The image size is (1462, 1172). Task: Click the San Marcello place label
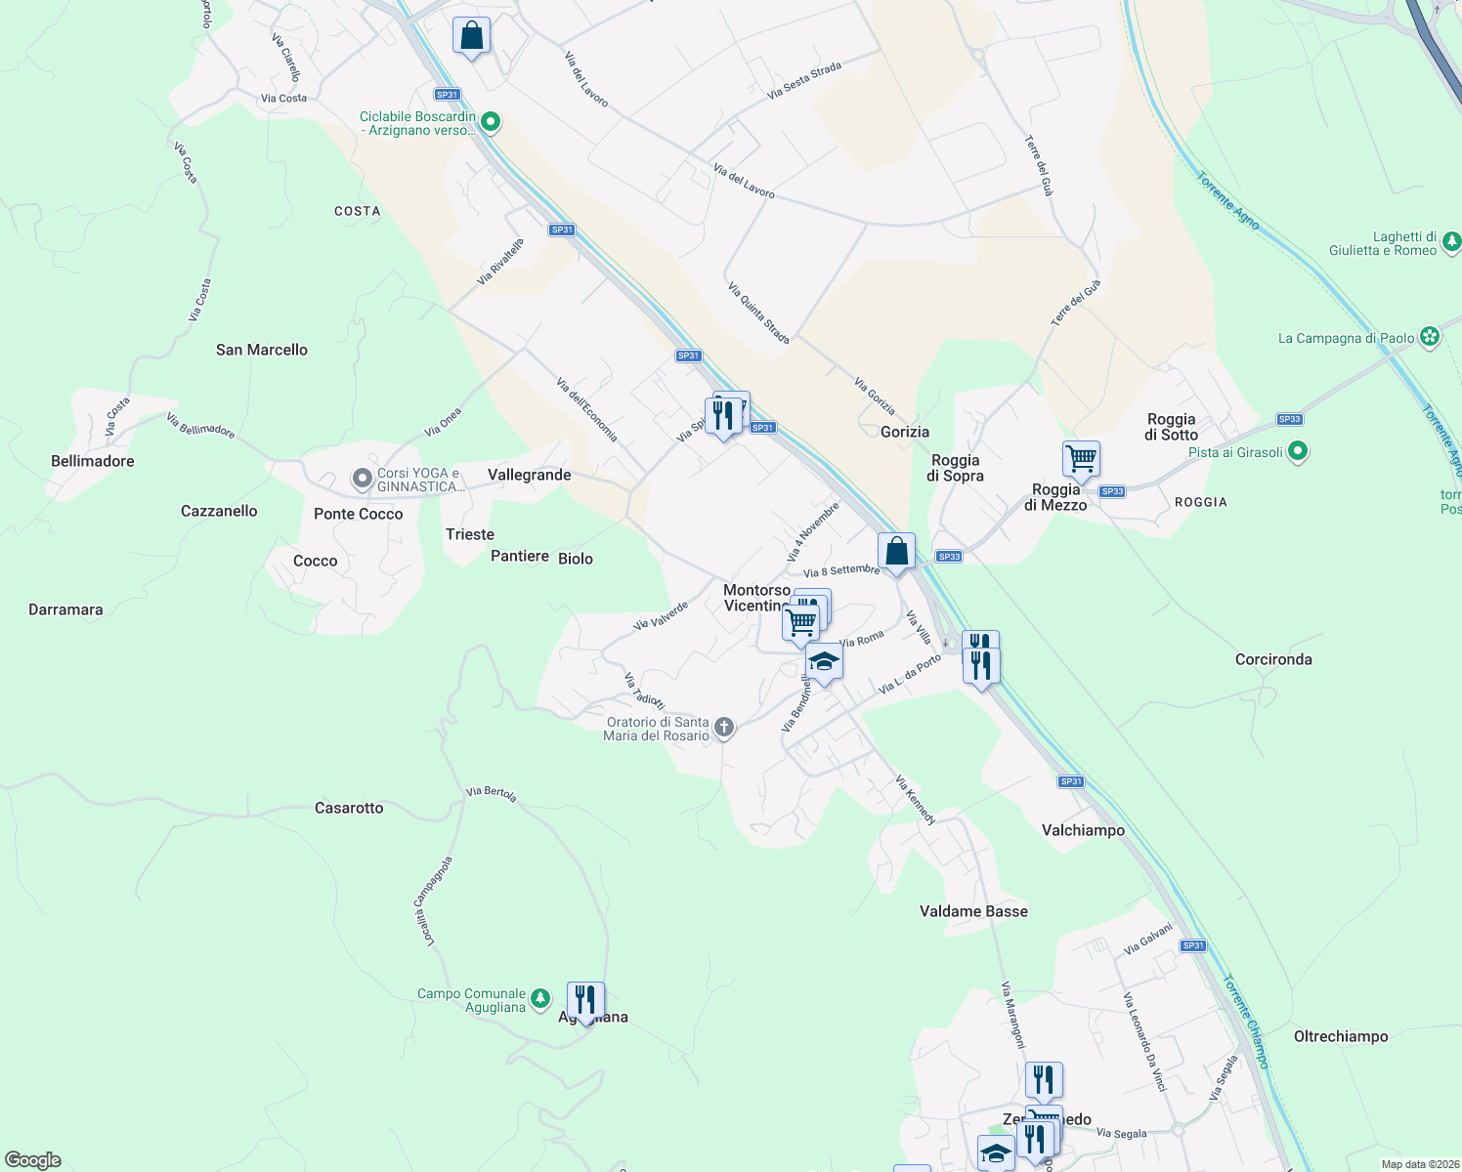coord(262,350)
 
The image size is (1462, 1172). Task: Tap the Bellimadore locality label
coord(93,461)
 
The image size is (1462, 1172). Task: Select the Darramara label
coord(65,609)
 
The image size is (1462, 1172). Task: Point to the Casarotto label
coord(349,808)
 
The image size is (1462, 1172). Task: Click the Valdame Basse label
coord(973,911)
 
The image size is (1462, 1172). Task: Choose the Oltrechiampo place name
coord(1340,1036)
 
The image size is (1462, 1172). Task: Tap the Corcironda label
coord(1273,659)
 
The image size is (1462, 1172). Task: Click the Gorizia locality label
coord(905,432)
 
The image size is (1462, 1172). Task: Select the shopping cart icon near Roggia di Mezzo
coord(1081,457)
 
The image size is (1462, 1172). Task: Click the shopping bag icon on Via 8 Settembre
coord(896,551)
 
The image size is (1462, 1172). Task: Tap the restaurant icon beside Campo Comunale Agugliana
coord(585,1000)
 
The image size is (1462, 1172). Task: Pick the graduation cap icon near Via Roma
coord(824,661)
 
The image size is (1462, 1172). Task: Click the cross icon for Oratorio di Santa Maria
coord(724,727)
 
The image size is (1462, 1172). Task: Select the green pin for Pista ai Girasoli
coord(1298,451)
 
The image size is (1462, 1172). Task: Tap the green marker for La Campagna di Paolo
coord(1430,337)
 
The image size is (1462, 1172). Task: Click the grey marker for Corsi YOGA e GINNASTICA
coord(362,479)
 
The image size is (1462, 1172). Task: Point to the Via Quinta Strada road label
coord(758,313)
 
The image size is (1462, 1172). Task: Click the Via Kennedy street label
coord(916,800)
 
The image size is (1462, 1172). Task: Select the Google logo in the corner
coord(33,1160)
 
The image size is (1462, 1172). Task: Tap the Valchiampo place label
coord(1083,830)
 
